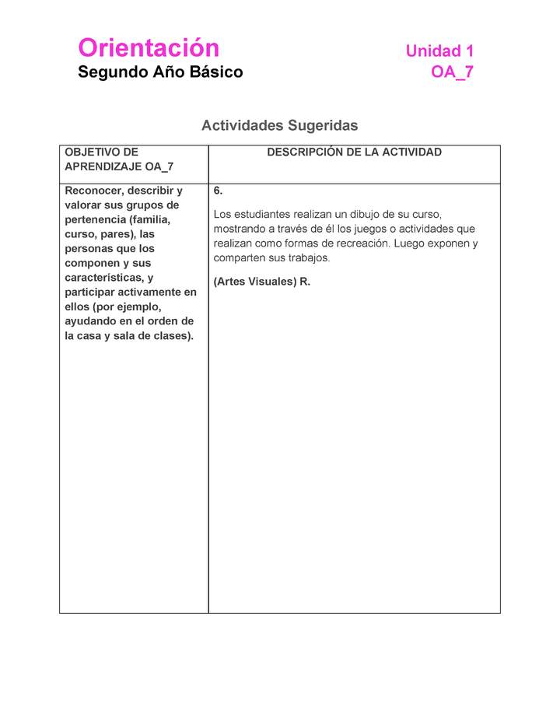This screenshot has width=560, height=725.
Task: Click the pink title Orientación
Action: pos(149,48)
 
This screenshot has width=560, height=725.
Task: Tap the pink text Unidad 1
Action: pos(439,51)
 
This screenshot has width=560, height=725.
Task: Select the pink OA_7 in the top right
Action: pos(452,72)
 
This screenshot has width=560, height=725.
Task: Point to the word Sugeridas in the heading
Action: pos(323,125)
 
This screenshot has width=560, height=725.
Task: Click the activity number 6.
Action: pos(218,191)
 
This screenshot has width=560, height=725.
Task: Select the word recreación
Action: pos(359,243)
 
